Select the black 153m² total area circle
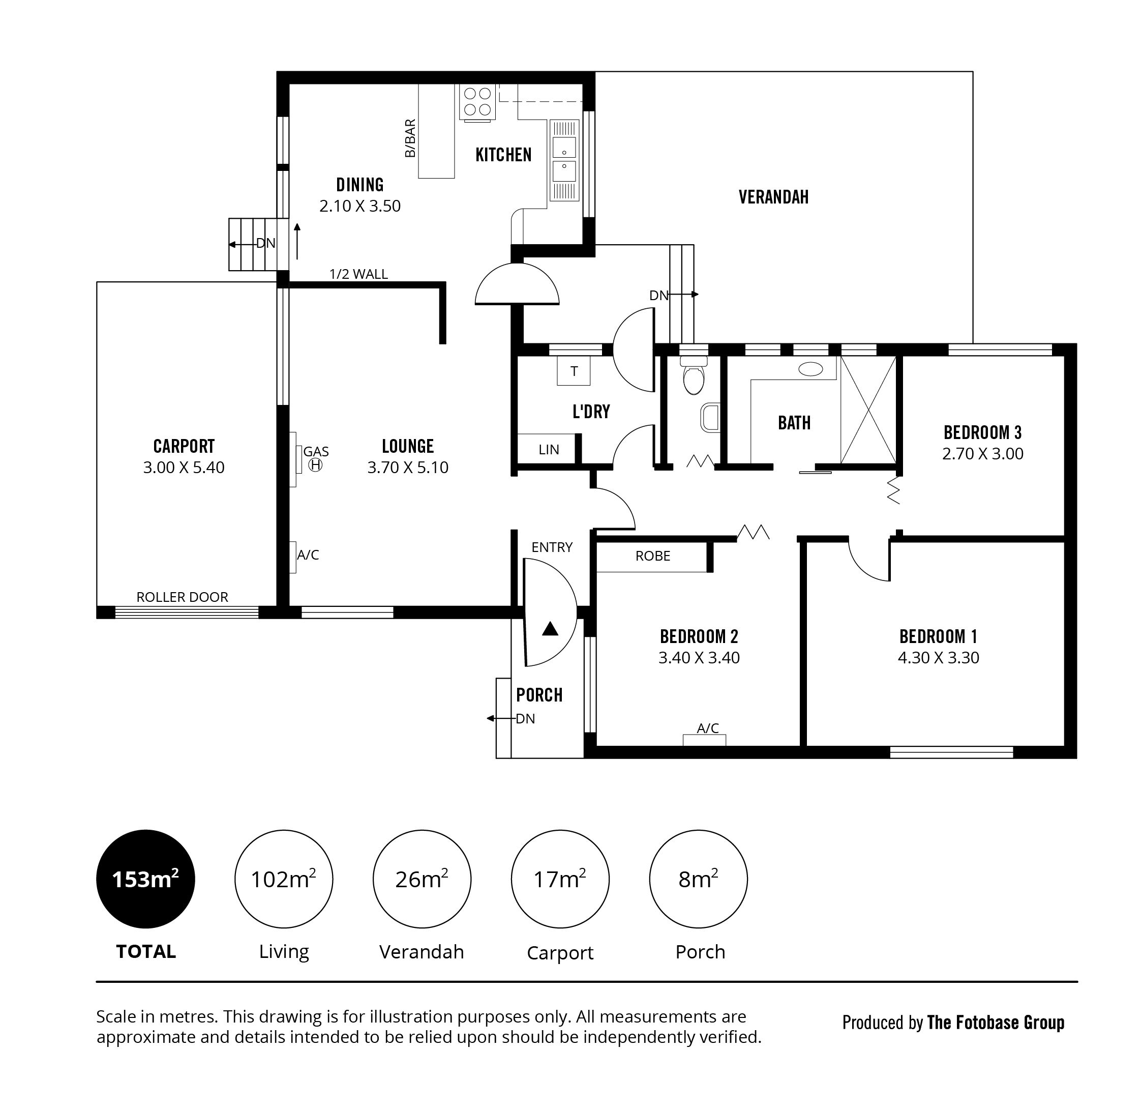[145, 879]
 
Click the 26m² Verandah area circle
[422, 879]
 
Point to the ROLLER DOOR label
[183, 597]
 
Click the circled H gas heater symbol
[315, 464]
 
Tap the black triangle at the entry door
[550, 629]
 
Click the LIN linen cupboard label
[549, 449]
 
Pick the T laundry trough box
[574, 371]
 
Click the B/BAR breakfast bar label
[410, 138]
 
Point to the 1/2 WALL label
[358, 274]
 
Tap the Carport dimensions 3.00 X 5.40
[184, 468]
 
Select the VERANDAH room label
[774, 197]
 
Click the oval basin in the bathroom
[810, 368]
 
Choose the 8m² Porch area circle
[699, 879]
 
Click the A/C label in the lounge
[308, 555]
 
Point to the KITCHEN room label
[503, 155]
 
